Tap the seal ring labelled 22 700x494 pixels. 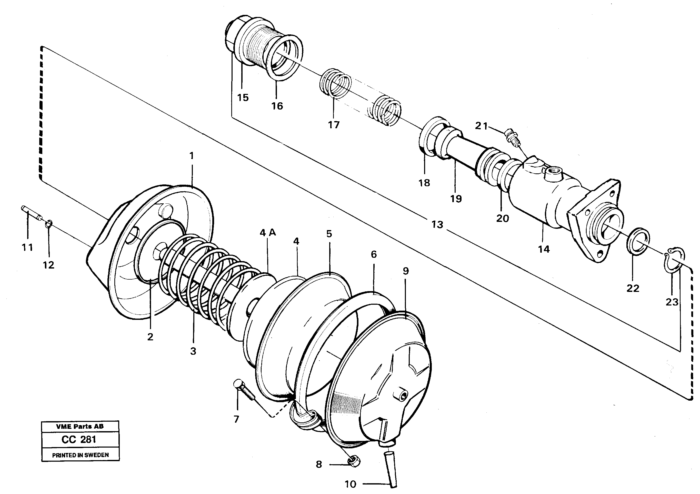click(638, 240)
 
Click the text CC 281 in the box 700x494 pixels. click(79, 439)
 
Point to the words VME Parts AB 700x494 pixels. click(80, 426)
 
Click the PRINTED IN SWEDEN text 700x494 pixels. click(80, 455)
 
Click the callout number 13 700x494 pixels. click(437, 225)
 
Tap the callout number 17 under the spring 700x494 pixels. click(334, 125)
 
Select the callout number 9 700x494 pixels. click(405, 271)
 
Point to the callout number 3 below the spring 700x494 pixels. click(193, 351)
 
